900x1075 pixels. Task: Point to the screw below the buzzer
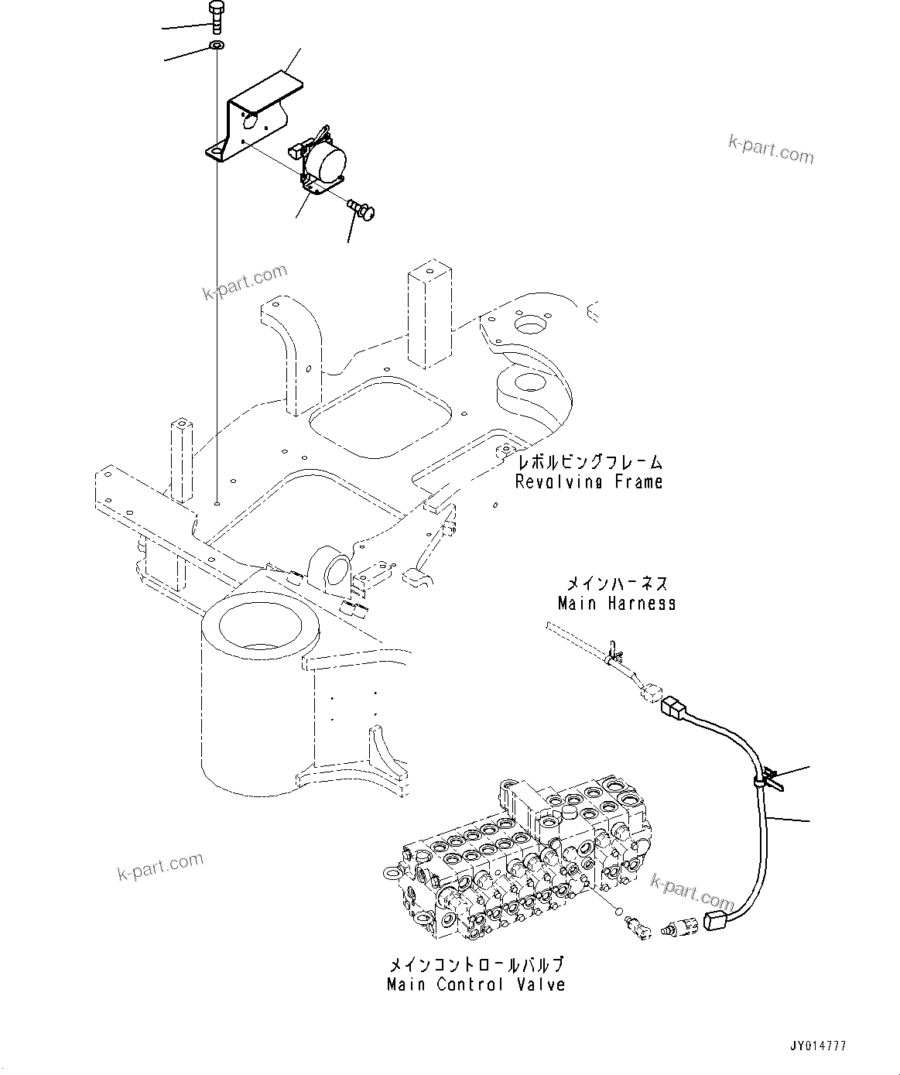(x=361, y=207)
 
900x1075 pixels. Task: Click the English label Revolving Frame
(x=589, y=482)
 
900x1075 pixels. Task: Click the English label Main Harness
(x=617, y=603)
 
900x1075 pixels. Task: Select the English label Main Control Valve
(x=476, y=985)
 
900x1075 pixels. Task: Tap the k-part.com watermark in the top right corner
(x=770, y=149)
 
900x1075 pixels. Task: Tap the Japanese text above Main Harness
(x=617, y=584)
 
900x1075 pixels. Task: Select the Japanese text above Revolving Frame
(x=589, y=463)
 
